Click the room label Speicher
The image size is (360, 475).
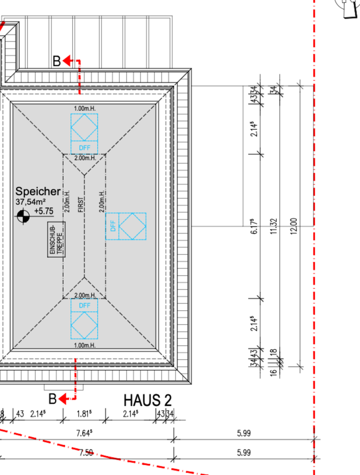pos(38,191)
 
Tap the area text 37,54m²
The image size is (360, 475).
pos(31,202)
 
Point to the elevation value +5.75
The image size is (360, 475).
pos(44,211)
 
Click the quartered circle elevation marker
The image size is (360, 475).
pos(23,216)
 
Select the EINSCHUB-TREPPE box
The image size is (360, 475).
pos(56,239)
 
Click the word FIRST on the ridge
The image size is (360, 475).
pos(81,205)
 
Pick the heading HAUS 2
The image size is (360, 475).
pos(148,400)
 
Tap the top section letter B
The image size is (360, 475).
pos(57,61)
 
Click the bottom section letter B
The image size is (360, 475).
pos(52,399)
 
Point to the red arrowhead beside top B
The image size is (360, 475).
pos(67,60)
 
